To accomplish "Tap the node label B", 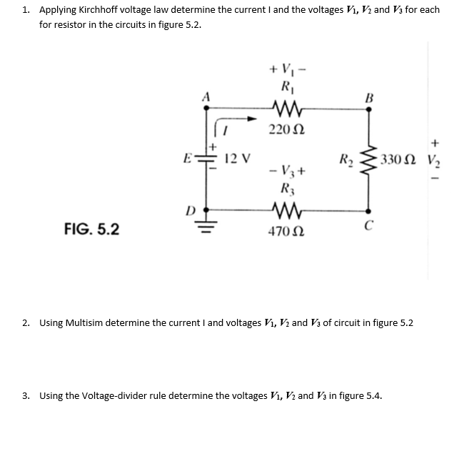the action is tap(369, 97).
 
